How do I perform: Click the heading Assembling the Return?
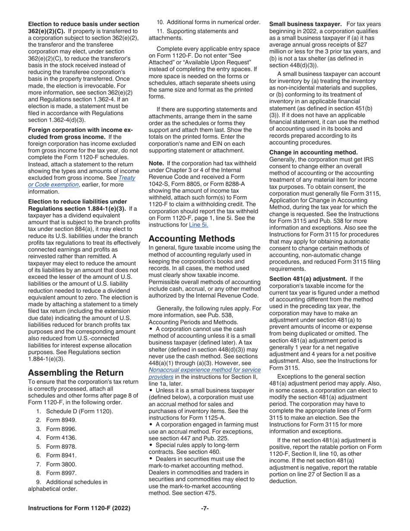pos(76,373)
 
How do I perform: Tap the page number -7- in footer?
pos(205,509)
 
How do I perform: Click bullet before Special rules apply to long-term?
pos(151,444)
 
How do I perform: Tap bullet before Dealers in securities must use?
pos(151,458)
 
